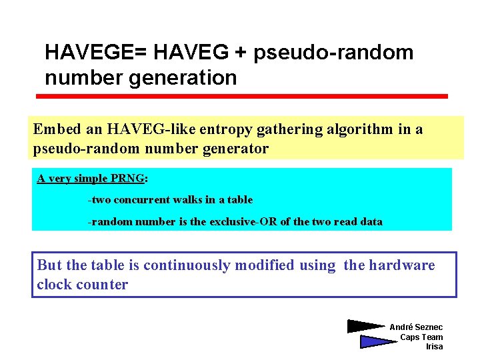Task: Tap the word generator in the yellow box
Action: point(233,148)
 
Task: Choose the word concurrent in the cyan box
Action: point(145,199)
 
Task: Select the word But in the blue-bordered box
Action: point(49,265)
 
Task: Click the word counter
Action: point(104,285)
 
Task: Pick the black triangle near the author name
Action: point(364,327)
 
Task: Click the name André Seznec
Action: point(415,327)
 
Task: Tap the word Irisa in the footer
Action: point(434,347)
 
